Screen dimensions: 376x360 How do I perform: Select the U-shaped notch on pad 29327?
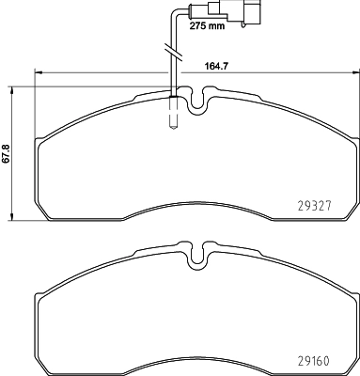tap(198, 101)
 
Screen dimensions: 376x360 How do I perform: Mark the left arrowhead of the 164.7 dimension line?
tap(38, 72)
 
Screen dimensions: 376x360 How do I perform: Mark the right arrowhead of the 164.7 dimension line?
tap(354, 72)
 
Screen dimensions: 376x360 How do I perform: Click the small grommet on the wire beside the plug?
tap(195, 13)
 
